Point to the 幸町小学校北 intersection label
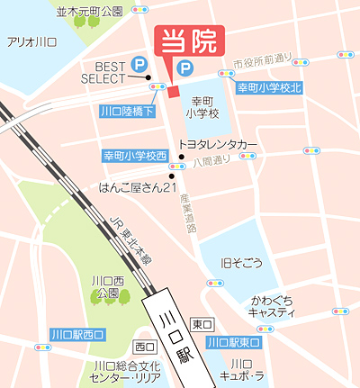point(270,87)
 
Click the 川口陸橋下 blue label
point(126,112)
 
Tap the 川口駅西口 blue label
point(77,334)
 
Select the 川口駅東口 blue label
point(233,343)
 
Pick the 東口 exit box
point(202,324)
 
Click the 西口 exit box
point(143,347)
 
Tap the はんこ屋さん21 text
point(137,188)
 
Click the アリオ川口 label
point(31,42)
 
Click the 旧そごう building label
point(242,263)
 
